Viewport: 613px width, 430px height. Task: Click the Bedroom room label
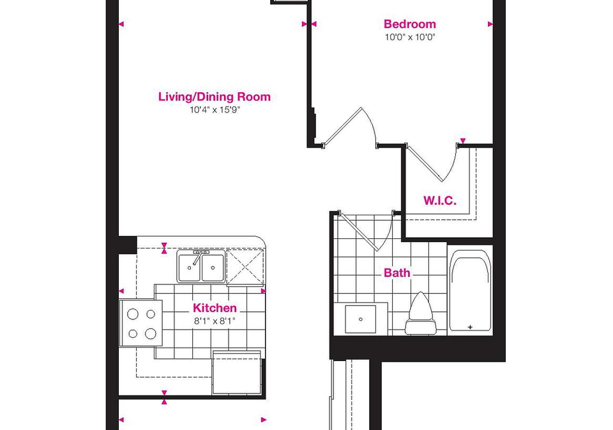point(410,24)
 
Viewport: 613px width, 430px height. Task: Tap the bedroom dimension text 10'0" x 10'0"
point(410,37)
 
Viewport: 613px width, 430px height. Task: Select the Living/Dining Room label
point(215,96)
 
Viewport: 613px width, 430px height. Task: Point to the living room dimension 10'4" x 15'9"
point(215,110)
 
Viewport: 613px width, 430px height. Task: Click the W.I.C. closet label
point(440,201)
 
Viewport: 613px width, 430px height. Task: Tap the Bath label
point(397,273)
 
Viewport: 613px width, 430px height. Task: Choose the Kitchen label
point(215,308)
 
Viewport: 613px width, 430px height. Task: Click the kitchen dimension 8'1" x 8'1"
point(215,321)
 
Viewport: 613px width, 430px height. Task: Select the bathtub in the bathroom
point(470,291)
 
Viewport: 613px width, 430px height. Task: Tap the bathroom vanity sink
point(360,319)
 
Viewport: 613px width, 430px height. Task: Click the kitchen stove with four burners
point(140,323)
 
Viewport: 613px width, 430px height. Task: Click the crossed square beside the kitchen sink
point(245,267)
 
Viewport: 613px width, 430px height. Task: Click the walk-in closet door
point(425,164)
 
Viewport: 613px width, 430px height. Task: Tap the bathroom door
point(358,232)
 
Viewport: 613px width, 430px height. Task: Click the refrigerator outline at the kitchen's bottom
point(236,373)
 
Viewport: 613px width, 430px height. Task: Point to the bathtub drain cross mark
point(471,326)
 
